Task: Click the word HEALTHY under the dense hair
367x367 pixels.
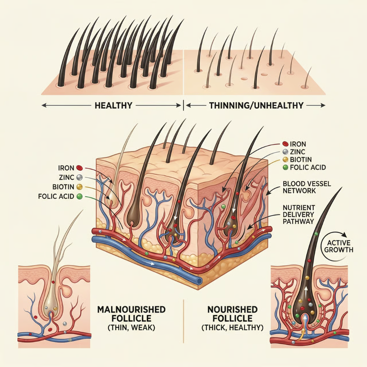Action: tap(113, 105)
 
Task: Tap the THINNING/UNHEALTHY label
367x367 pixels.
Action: tap(256, 105)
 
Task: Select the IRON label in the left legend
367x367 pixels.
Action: tap(66, 168)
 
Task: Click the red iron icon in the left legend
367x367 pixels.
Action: tap(79, 168)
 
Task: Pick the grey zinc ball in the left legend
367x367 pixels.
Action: tap(80, 177)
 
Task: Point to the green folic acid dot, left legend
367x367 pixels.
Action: tap(80, 196)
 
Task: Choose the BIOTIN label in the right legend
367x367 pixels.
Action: tap(301, 159)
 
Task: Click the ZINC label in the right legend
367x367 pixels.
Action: tap(298, 152)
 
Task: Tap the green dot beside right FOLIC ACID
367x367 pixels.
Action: tap(285, 167)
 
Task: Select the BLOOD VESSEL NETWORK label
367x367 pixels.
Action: tap(307, 187)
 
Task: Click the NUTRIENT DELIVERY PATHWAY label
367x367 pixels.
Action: tap(299, 214)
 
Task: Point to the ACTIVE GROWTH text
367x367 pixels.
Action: tap(339, 246)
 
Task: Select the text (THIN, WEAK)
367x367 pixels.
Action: tap(131, 327)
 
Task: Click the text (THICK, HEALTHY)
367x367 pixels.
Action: tap(232, 327)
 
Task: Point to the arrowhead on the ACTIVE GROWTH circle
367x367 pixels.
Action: tap(344, 235)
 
